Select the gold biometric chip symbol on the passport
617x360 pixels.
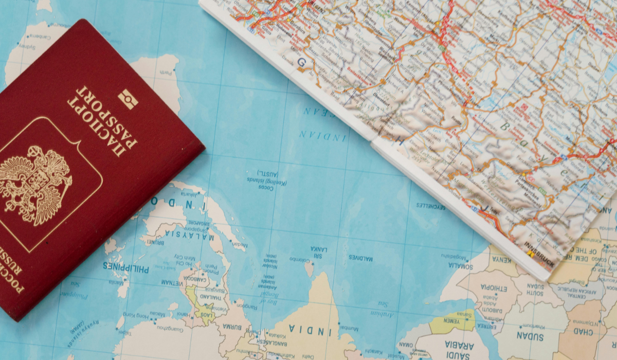(128, 99)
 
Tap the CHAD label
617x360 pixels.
(584, 332)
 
